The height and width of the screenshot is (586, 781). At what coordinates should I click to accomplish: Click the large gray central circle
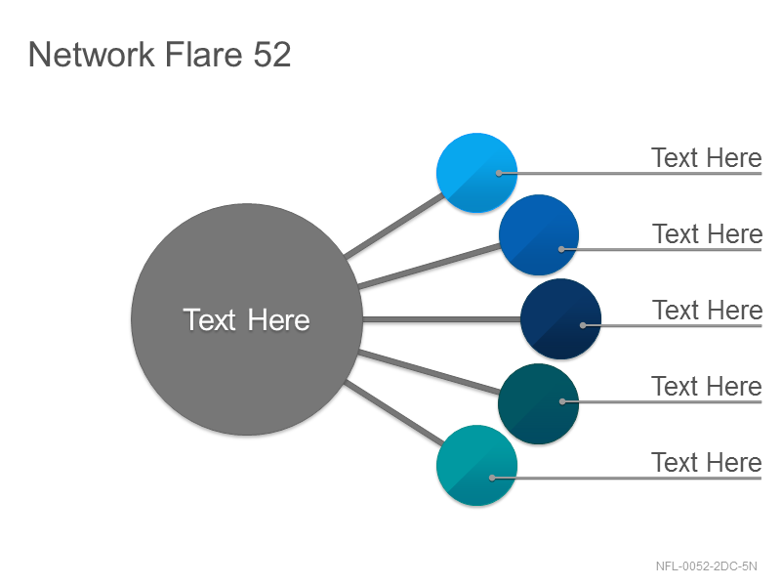tap(247, 319)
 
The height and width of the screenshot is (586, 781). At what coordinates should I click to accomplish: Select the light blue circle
tap(476, 173)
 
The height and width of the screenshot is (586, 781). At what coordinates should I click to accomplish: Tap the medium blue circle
tap(539, 234)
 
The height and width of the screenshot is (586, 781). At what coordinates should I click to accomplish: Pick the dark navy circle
tap(560, 319)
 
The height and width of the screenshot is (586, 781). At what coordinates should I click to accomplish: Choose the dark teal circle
tap(539, 403)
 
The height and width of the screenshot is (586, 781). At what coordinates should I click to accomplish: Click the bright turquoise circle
tap(476, 466)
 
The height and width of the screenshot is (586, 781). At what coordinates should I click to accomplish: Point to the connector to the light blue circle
tap(394, 226)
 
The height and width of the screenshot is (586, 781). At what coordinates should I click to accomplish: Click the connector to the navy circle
tap(442, 319)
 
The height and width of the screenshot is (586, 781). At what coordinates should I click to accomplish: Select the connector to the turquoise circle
tap(393, 412)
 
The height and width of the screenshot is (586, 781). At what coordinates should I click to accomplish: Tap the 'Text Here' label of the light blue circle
tap(706, 158)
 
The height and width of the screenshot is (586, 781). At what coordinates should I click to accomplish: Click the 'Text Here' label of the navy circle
tap(707, 310)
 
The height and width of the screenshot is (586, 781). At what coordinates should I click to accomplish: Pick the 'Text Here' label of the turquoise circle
tap(706, 462)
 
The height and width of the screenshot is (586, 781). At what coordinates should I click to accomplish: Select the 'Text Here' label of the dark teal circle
tap(706, 386)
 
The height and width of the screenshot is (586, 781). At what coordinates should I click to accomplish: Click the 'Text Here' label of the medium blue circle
tap(707, 233)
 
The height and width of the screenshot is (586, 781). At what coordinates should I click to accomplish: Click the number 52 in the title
tap(272, 55)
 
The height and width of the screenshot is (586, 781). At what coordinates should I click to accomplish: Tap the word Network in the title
tap(92, 55)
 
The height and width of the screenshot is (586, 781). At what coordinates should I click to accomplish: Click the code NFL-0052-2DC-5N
tap(706, 566)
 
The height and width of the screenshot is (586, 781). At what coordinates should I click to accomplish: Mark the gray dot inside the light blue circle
tap(499, 174)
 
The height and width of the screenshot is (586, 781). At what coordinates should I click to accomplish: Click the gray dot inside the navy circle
tap(583, 325)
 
